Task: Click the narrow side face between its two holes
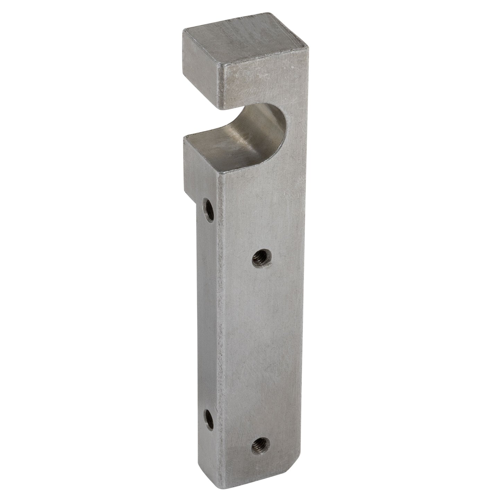209,312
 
